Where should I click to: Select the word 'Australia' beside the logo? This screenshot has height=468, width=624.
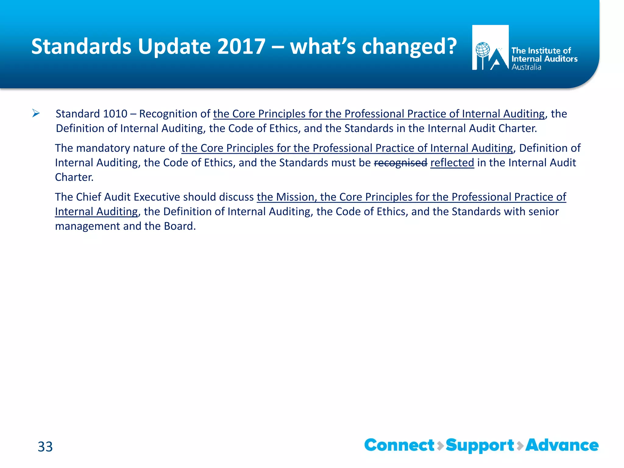(526, 67)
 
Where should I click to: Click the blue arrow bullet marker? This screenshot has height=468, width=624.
(36, 114)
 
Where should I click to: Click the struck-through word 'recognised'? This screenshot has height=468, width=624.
(400, 163)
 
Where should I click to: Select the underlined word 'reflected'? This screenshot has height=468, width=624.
(452, 163)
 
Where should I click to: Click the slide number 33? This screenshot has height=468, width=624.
(45, 447)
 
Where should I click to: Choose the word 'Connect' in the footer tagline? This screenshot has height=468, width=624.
(399, 445)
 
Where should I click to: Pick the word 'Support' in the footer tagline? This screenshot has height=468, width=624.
(480, 446)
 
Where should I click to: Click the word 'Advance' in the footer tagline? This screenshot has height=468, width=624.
(562, 445)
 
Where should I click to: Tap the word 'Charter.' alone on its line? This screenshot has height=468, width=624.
(74, 177)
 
